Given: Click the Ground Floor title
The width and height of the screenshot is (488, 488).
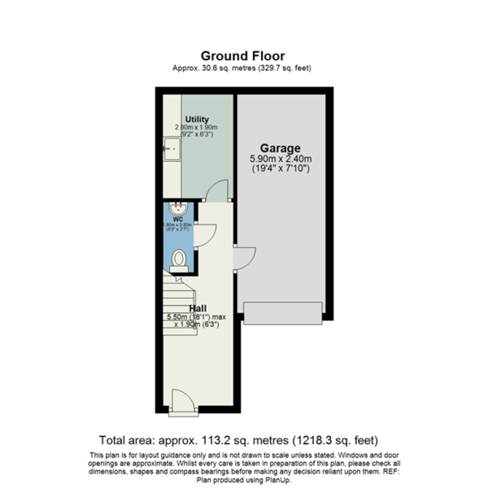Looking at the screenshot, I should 243,56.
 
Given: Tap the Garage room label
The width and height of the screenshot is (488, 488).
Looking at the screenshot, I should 280,148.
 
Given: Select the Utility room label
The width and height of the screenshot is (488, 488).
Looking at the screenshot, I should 197,119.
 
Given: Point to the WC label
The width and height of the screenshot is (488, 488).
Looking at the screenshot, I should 177,220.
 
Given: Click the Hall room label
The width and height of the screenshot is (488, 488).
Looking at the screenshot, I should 198,308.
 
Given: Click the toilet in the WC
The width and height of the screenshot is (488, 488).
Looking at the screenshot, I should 179,260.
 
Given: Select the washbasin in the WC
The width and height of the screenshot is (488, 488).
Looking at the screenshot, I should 178,209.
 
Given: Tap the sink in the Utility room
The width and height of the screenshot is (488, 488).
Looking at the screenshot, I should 172,149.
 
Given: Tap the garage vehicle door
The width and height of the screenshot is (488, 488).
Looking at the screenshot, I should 283,313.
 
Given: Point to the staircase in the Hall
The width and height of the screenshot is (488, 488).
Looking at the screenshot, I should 179,305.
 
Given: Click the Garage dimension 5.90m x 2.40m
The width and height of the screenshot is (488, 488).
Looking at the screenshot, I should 281,159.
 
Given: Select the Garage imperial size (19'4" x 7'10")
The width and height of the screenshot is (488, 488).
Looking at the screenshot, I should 281,168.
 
